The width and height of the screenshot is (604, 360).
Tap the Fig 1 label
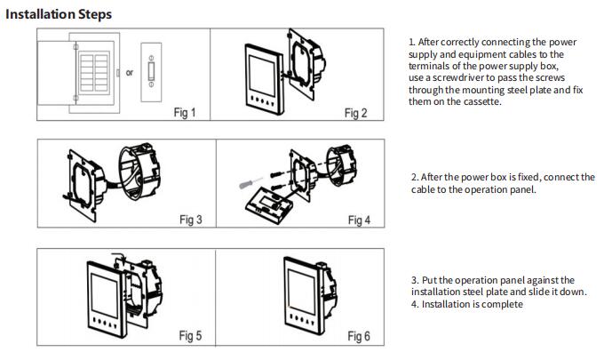click(184, 114)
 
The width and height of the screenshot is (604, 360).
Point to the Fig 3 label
click(190, 220)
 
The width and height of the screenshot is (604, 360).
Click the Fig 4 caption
click(359, 220)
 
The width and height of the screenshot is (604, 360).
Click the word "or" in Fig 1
click(129, 73)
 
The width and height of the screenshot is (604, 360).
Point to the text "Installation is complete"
click(473, 304)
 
